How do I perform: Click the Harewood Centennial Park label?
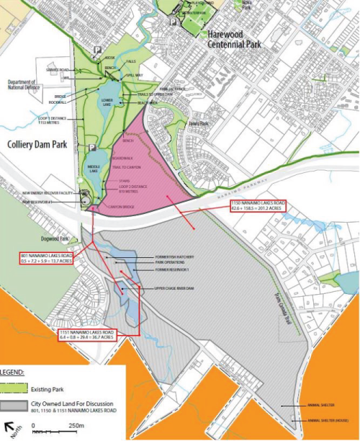[x=233, y=39]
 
